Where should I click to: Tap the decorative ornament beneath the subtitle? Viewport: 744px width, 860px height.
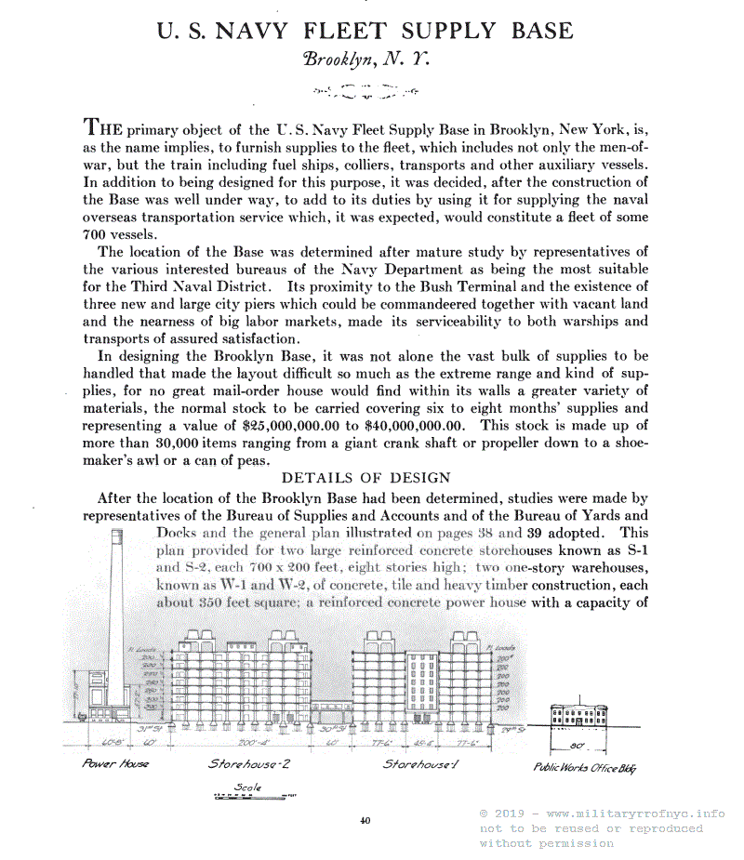coord(365,91)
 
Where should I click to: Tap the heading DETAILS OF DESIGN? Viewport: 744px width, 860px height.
coord(365,478)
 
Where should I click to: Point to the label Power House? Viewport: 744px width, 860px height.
coord(115,764)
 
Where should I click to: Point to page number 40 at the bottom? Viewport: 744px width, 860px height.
coord(365,820)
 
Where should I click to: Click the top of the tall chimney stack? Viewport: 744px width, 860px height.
coord(117,534)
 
